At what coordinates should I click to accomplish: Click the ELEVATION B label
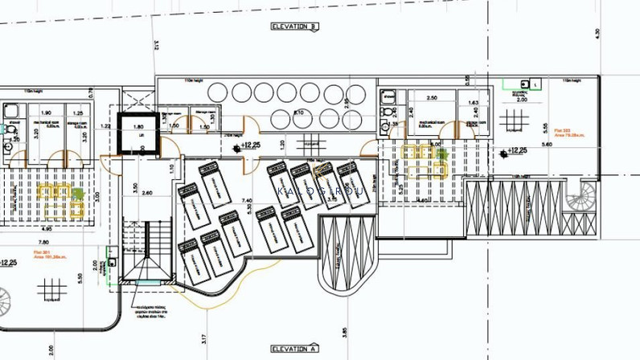[295, 27]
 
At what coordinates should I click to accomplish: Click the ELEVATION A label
[295, 349]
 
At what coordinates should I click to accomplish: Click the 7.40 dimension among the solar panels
[247, 200]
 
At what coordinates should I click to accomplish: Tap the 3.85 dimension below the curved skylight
[343, 330]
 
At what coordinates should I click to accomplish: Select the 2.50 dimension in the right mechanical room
[431, 98]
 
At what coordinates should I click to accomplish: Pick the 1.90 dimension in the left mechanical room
[46, 113]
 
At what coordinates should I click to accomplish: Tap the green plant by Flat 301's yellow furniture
[78, 193]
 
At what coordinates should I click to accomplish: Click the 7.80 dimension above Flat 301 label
[43, 242]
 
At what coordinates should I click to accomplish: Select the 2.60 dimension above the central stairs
[146, 193]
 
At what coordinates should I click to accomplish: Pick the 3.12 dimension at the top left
[158, 45]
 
